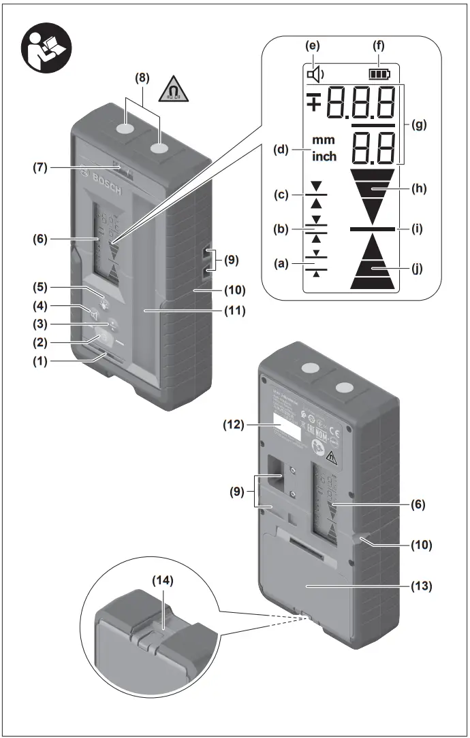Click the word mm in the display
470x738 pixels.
[324, 140]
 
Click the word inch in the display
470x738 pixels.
[324, 156]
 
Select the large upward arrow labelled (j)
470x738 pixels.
[373, 263]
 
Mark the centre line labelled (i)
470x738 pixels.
[373, 230]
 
